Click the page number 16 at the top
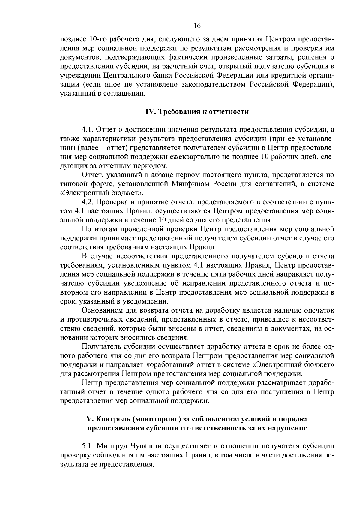(197, 26)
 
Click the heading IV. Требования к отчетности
(197, 112)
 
